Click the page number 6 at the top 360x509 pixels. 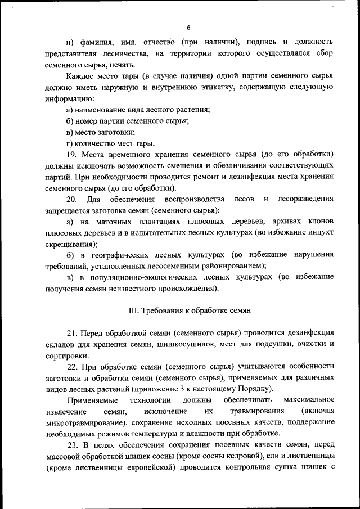188,28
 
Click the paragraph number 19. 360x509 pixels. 71,154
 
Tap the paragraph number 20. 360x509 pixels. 71,199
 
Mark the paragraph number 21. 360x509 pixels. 71,332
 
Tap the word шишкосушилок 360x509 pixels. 180,344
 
